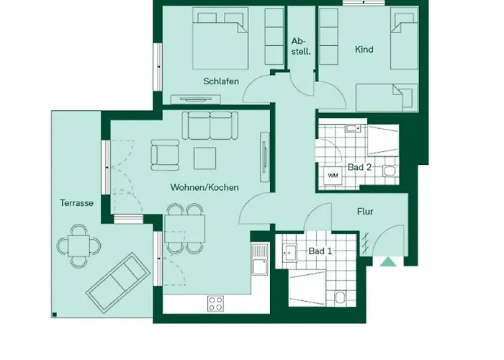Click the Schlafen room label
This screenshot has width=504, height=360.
[220, 81]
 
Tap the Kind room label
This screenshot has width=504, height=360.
[364, 50]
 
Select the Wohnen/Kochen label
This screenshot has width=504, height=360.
[204, 187]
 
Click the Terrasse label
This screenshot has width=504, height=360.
[76, 203]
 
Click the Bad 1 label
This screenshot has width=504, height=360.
[320, 251]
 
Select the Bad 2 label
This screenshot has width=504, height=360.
[359, 167]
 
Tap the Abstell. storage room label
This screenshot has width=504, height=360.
[300, 46]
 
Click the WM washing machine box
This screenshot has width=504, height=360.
[333, 175]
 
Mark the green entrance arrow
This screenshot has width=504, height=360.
[388, 262]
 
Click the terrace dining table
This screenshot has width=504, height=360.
[79, 246]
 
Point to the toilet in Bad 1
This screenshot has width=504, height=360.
[340, 297]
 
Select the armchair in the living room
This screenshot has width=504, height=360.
[165, 155]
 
